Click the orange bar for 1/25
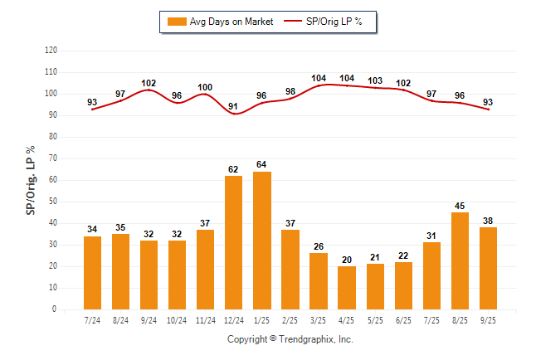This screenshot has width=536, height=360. click(x=261, y=241)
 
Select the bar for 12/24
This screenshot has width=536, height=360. click(x=233, y=242)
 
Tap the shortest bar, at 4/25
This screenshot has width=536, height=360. click(x=346, y=288)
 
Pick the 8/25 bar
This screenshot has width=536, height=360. click(x=460, y=260)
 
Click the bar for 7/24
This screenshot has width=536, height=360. click(x=92, y=273)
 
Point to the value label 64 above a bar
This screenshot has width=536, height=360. click(x=261, y=165)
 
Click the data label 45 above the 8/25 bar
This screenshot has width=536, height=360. click(x=460, y=206)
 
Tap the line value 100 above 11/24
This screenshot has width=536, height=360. click(x=205, y=86)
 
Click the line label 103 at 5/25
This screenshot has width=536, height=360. click(x=375, y=80)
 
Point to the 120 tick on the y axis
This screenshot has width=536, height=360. click(x=51, y=51)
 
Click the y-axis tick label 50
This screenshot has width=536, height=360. click(x=53, y=202)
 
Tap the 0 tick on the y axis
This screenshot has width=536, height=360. click(x=55, y=309)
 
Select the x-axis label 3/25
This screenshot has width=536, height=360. click(x=318, y=319)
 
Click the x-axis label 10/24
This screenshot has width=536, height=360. click(x=177, y=319)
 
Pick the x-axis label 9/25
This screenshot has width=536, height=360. click(x=488, y=319)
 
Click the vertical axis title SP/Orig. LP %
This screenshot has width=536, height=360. click(x=31, y=179)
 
